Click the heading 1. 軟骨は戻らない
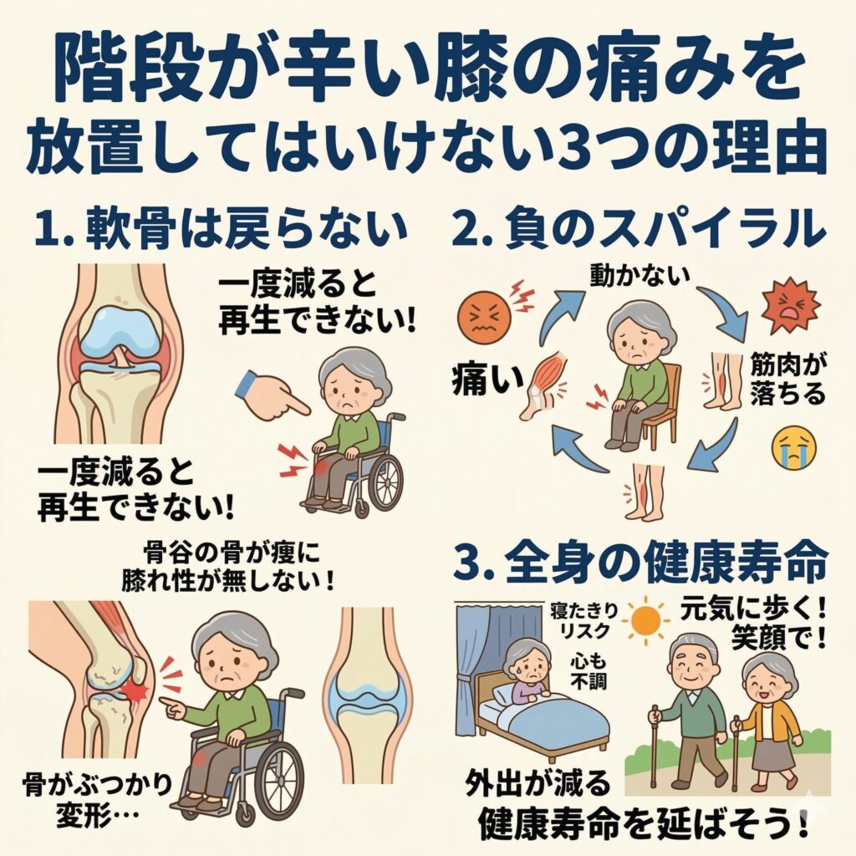click(221, 227)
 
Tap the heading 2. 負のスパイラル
click(639, 227)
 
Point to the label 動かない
click(639, 277)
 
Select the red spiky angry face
click(791, 308)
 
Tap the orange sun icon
click(647, 620)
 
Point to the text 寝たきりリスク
click(584, 621)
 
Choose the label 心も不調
click(588, 672)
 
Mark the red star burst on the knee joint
click(136, 690)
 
